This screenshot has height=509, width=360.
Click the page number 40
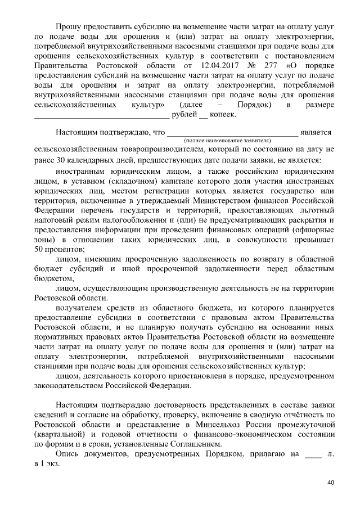click(x=330, y=483)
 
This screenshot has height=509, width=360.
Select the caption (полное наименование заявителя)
click(x=228, y=139)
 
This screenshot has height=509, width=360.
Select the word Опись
click(x=68, y=453)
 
